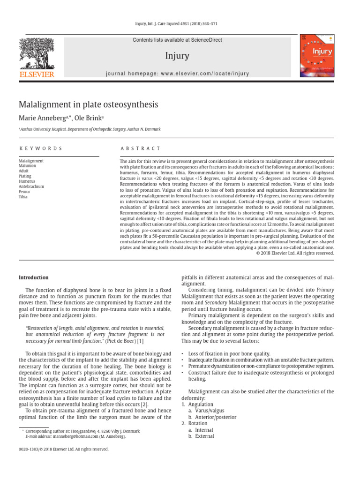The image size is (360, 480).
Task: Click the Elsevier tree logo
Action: click(x=36, y=53)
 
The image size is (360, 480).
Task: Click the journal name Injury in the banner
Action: click(x=177, y=56)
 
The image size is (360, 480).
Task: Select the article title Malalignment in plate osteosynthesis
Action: click(x=88, y=104)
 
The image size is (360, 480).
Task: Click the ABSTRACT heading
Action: click(x=140, y=148)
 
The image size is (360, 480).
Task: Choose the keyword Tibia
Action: click(x=23, y=197)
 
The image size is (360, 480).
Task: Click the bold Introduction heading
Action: click(x=33, y=277)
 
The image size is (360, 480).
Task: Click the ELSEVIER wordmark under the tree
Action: click(x=36, y=74)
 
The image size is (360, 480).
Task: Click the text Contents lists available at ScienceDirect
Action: click(x=177, y=40)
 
